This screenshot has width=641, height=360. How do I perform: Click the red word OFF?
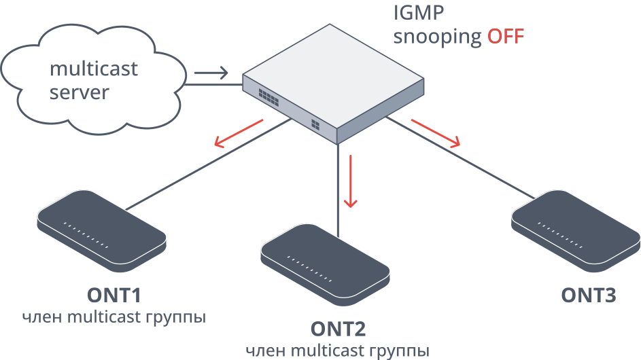[505, 36]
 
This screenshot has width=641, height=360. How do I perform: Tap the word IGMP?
[418, 13]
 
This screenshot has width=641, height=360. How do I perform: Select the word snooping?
[438, 37]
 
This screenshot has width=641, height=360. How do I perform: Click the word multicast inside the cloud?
[94, 69]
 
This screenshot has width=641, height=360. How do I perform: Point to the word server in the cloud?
[80, 92]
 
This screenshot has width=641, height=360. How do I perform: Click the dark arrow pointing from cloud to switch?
[211, 73]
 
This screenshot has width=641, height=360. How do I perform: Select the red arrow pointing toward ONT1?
[239, 134]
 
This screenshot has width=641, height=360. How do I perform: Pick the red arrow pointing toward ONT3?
[436, 133]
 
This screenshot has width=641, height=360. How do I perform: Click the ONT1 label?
[114, 295]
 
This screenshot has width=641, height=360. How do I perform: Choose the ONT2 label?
[338, 329]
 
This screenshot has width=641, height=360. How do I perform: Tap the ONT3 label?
[588, 295]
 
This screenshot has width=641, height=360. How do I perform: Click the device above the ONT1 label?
[102, 231]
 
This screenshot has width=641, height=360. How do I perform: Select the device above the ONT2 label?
[326, 265]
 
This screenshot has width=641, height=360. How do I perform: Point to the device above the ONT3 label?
[576, 231]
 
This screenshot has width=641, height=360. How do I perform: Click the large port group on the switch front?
[268, 97]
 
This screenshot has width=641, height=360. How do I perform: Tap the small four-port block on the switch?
[315, 124]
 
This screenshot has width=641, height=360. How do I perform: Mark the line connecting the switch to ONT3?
[460, 158]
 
